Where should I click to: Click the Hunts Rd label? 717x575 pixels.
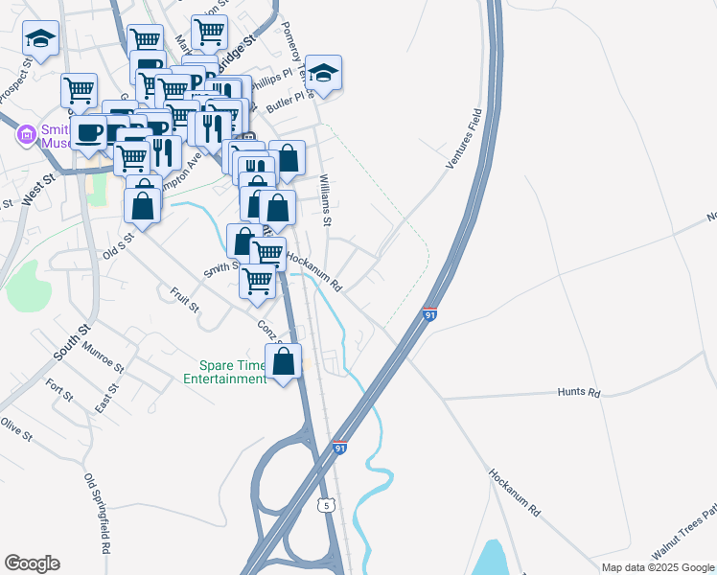coord(580,393)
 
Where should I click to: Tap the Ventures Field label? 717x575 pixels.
coord(462,140)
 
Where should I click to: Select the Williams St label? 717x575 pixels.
coord(326,200)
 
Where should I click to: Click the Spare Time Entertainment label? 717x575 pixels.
coord(233,372)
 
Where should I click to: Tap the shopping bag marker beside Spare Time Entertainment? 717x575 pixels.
coord(283,363)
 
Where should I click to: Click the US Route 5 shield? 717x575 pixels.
coord(328,504)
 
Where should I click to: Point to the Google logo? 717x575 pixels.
coord(32,563)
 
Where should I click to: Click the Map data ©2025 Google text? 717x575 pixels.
coord(659,567)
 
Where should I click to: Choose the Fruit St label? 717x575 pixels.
coord(184,301)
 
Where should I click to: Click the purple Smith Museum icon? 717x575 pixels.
coord(24,137)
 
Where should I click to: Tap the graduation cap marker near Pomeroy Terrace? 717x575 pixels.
coord(324,74)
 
